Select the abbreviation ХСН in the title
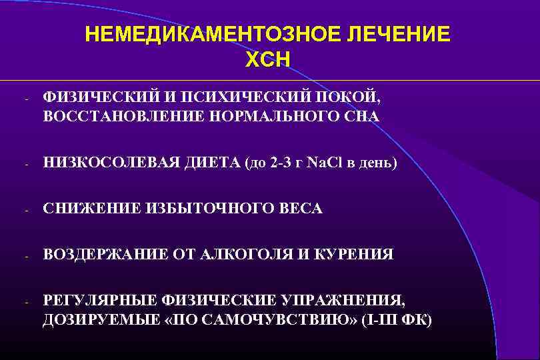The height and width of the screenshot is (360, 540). (267, 61)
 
